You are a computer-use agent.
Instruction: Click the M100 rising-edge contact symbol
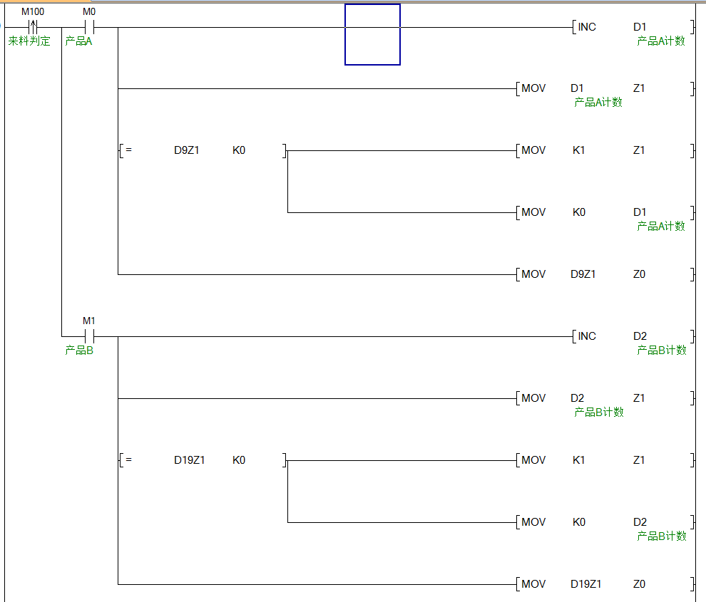pos(33,27)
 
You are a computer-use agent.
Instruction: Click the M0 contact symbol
pos(89,27)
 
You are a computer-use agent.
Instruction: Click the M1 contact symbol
pos(89,336)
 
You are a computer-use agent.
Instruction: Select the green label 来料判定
pos(29,41)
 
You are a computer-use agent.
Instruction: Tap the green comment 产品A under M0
pos(79,41)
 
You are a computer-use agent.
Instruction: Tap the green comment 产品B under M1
pos(79,351)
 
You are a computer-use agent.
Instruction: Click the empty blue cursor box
pos(372,34)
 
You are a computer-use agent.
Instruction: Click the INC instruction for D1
pos(587,27)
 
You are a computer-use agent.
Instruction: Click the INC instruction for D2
pos(587,336)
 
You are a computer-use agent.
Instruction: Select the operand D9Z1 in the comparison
pos(187,151)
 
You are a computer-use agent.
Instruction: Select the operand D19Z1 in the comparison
pos(190,460)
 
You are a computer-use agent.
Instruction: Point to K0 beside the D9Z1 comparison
pos(239,151)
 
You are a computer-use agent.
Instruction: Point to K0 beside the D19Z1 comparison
pos(239,460)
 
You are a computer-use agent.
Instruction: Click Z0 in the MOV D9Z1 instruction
pos(639,274)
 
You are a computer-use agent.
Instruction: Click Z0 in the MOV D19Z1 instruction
pos(639,584)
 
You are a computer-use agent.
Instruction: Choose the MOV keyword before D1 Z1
pos(533,88)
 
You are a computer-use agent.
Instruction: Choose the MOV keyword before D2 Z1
pos(533,398)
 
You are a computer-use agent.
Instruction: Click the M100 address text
pos(33,12)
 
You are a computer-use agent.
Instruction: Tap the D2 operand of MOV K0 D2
pos(640,522)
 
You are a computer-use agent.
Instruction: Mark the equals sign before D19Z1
pos(128,460)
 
